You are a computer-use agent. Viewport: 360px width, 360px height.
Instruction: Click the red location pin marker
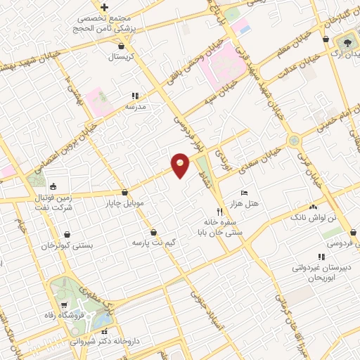pos(181,165)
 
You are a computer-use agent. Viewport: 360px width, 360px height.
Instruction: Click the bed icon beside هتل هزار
pos(244,193)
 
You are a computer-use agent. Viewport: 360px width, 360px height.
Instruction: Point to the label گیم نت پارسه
pos(153,242)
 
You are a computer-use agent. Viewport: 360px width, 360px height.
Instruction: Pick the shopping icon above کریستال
pos(123,46)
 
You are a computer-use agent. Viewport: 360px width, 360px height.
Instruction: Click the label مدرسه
pos(134,106)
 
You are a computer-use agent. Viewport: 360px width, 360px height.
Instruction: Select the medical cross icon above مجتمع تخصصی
pos(103,6)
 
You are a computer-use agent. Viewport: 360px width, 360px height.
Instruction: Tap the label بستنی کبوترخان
pos(72,246)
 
